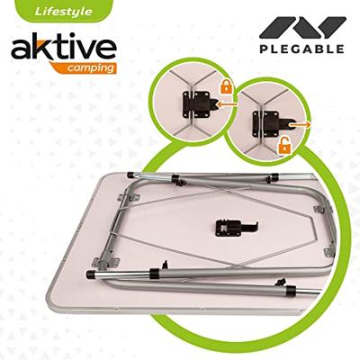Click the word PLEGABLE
tap(301, 49)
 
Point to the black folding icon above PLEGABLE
tap(301, 24)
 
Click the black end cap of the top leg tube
tap(136, 170)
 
